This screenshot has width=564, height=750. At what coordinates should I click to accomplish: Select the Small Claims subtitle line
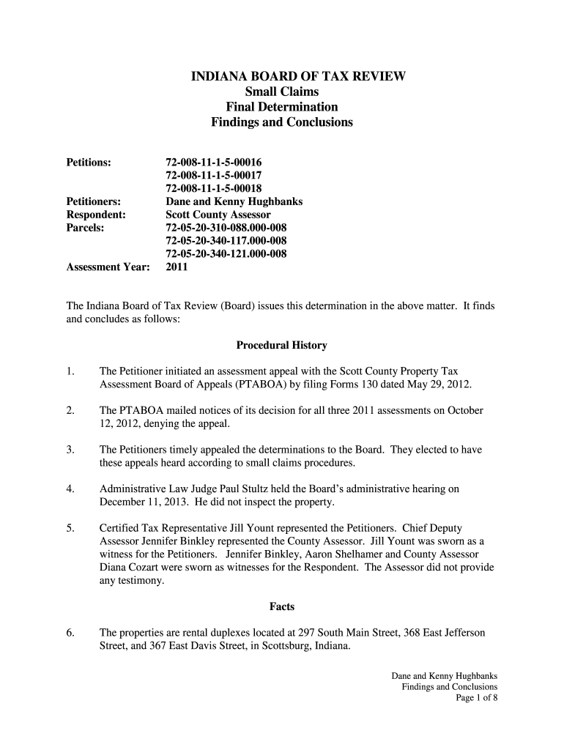[x=281, y=92]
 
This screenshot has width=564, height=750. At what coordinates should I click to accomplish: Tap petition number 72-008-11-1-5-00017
[x=214, y=174]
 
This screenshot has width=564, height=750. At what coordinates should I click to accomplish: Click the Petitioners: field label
[x=94, y=201]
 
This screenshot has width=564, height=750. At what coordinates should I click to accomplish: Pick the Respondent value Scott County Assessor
[x=218, y=215]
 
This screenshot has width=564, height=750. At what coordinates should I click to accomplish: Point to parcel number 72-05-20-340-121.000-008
[x=226, y=254]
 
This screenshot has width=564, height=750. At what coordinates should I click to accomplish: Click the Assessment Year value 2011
[x=177, y=267]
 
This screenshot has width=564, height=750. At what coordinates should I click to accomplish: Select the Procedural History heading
[x=281, y=345]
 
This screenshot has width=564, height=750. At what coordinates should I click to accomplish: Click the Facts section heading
[x=281, y=606]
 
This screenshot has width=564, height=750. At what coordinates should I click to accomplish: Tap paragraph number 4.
[x=70, y=489]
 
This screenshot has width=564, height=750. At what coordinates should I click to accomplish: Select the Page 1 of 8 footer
[x=476, y=698]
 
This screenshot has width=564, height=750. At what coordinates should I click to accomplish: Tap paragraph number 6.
[x=70, y=632]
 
